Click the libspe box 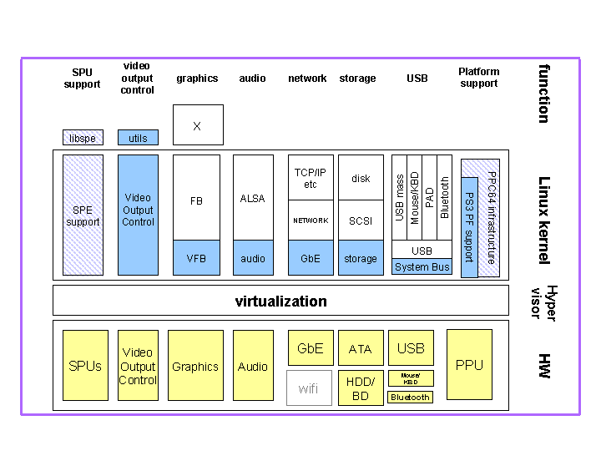[83, 138]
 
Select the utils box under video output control [138, 138]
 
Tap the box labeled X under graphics [198, 125]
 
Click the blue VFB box [196, 258]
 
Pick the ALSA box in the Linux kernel [252, 198]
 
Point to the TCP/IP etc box [311, 178]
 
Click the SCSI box [361, 220]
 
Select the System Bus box [422, 267]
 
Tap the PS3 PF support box [469, 226]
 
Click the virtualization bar [280, 301]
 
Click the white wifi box [309, 388]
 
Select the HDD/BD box [361, 388]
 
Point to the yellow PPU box [469, 365]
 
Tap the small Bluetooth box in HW [411, 398]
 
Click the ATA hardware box [361, 349]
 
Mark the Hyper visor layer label [543, 302]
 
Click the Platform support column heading [478, 78]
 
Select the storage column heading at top [357, 79]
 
